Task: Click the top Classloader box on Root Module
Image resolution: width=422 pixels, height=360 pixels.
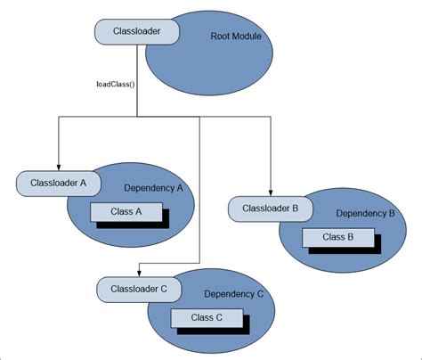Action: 137,32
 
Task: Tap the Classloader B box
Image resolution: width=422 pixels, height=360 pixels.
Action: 271,210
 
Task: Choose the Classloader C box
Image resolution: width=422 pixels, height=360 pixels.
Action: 138,290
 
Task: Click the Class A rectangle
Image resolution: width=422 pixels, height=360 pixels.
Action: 126,212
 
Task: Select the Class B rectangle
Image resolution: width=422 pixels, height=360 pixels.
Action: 337,237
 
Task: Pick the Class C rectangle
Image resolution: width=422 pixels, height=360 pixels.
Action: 207,317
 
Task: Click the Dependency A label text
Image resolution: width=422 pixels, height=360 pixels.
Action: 154,188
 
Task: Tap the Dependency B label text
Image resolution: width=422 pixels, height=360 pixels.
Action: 365,214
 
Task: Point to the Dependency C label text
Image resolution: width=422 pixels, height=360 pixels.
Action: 234,293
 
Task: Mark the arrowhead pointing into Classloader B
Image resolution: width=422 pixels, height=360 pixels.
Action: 270,194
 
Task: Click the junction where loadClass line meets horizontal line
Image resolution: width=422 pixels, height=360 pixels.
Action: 137,115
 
